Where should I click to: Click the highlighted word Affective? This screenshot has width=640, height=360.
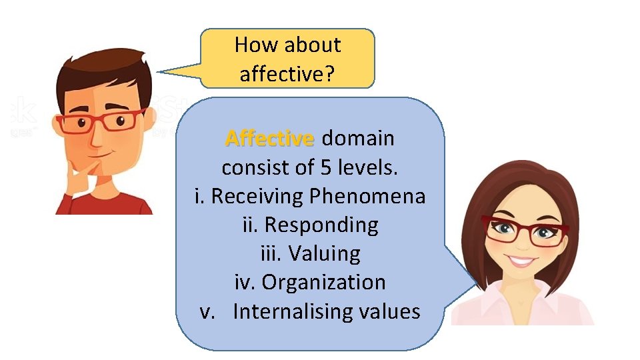coord(269,139)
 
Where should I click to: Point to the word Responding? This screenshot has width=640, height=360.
coord(321,225)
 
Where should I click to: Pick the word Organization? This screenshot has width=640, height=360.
coord(323,282)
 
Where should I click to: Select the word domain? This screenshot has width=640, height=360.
coord(358,139)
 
